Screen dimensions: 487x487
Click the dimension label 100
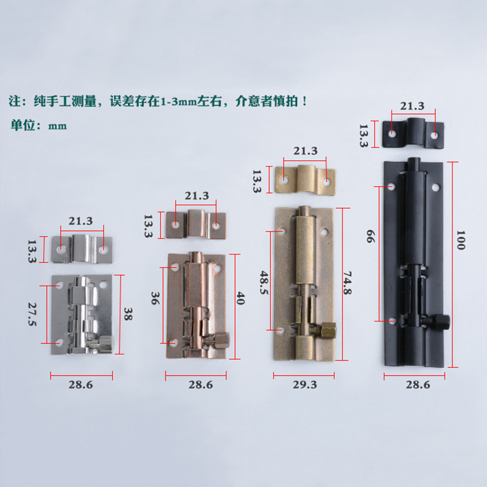tap(461, 240)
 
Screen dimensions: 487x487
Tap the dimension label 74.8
tap(348, 282)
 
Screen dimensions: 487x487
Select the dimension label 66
tap(371, 236)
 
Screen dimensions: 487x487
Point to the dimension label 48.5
tap(264, 282)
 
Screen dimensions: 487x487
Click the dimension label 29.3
tap(305, 385)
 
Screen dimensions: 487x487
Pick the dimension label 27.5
tap(32, 314)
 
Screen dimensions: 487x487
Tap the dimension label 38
tap(128, 314)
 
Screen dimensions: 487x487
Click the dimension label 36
tap(155, 298)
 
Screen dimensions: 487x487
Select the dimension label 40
tap(240, 298)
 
